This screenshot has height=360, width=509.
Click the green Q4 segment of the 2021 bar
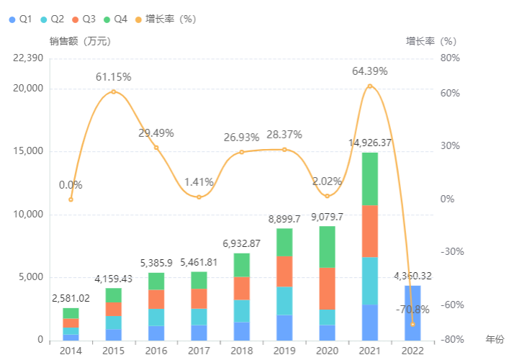coord(370,179)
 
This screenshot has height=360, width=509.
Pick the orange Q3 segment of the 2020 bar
coord(327,288)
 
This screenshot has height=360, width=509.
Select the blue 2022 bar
coord(413,312)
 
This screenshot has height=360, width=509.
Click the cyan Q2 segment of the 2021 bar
coord(370,281)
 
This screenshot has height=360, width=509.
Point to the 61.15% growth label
coord(114,76)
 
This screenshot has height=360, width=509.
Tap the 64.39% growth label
coord(370,71)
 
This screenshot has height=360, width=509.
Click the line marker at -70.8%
coord(413,324)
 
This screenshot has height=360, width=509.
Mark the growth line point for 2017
coord(199,197)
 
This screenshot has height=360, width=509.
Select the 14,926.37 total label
coord(370,143)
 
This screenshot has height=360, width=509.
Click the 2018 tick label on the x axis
coord(242,351)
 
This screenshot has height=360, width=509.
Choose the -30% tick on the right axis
coord(451,252)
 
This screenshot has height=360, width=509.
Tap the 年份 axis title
coord(495,339)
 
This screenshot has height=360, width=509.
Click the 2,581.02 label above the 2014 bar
coord(71,298)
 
